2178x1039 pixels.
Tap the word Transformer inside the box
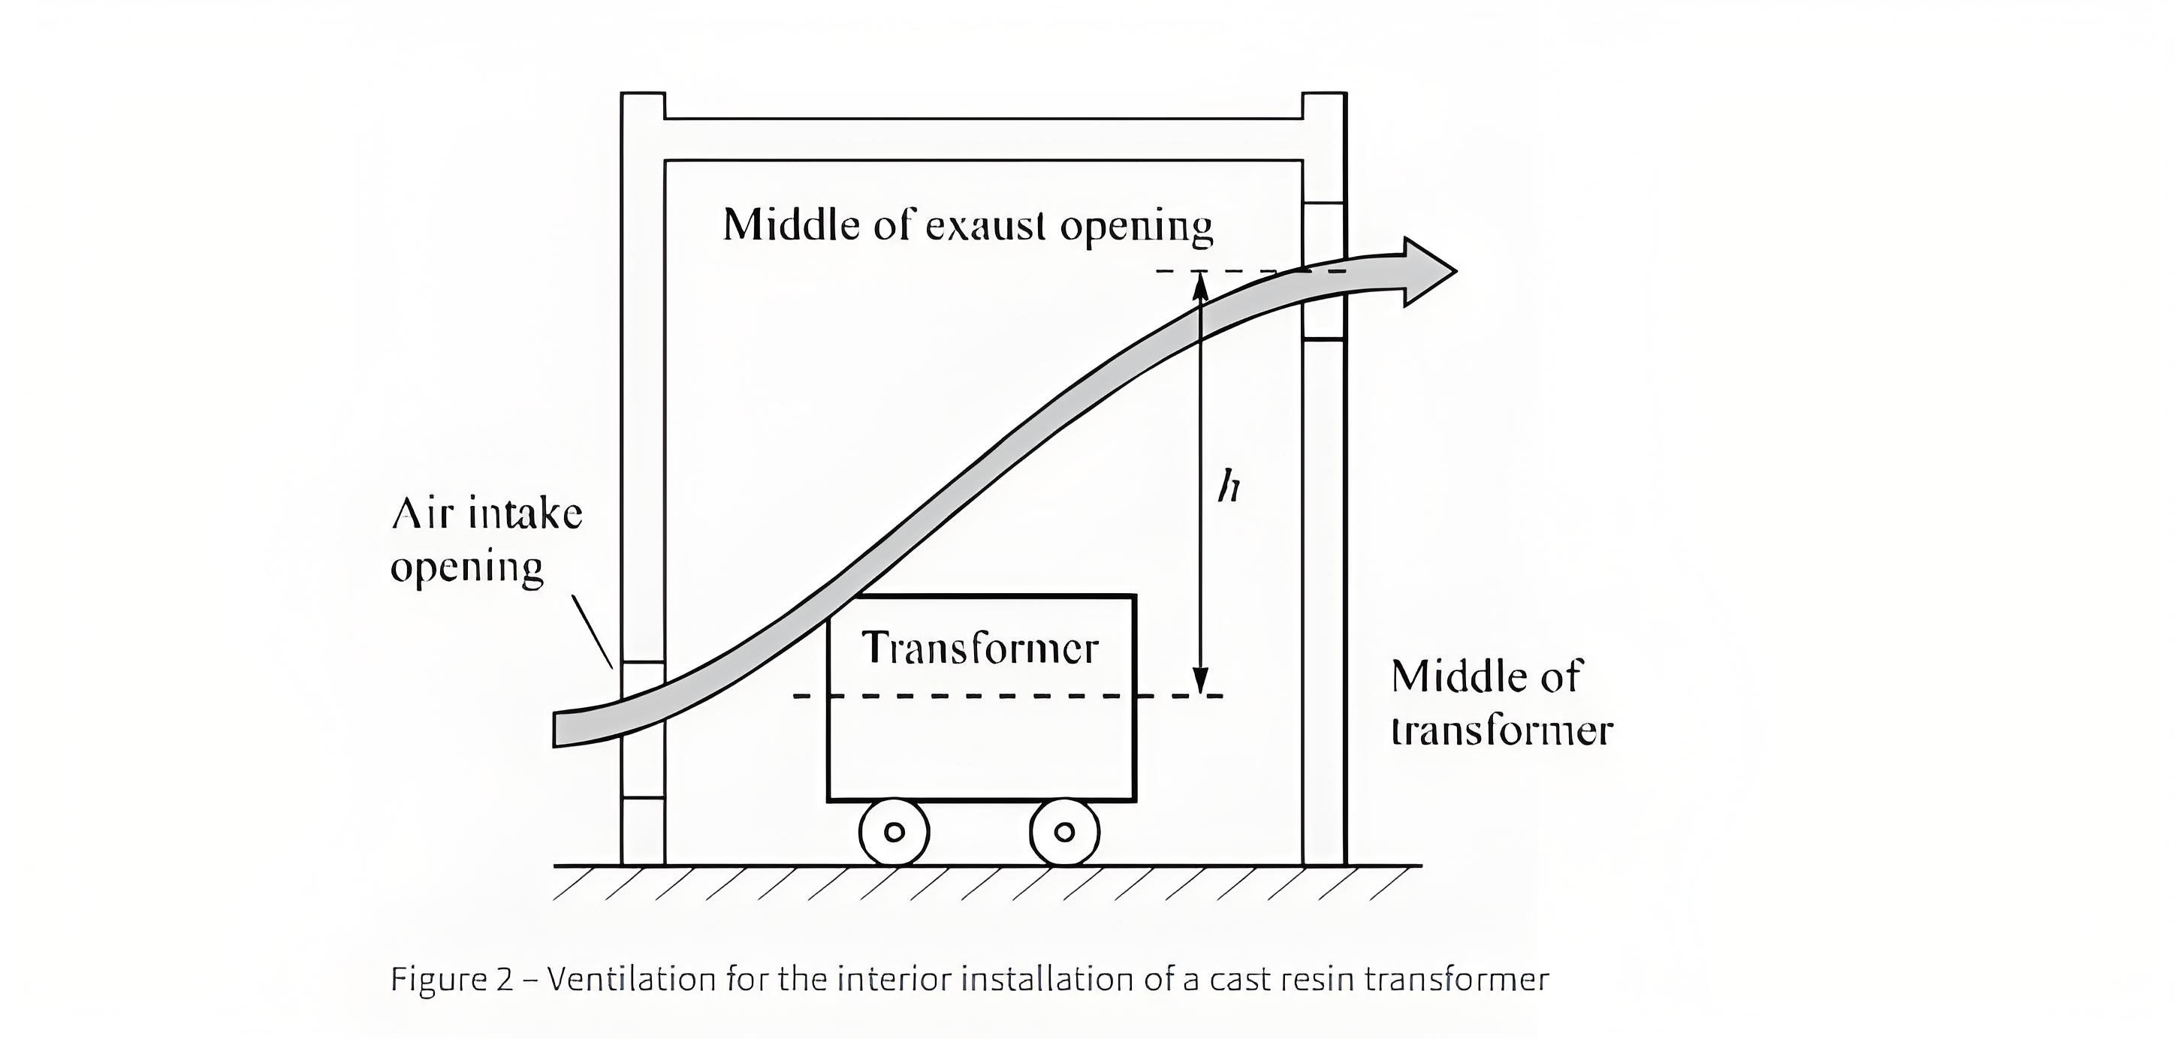coord(980,649)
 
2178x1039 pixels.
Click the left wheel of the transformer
coord(894,832)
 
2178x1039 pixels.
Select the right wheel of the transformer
coord(1064,832)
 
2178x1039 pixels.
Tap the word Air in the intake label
coord(418,513)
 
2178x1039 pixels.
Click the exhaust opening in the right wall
coord(1323,270)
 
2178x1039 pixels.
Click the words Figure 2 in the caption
coord(451,979)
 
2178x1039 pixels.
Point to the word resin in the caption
coord(1317,979)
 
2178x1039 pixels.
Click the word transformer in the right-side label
coord(1501,730)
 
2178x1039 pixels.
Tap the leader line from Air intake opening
coord(592,631)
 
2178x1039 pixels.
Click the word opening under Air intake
coord(466,568)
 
